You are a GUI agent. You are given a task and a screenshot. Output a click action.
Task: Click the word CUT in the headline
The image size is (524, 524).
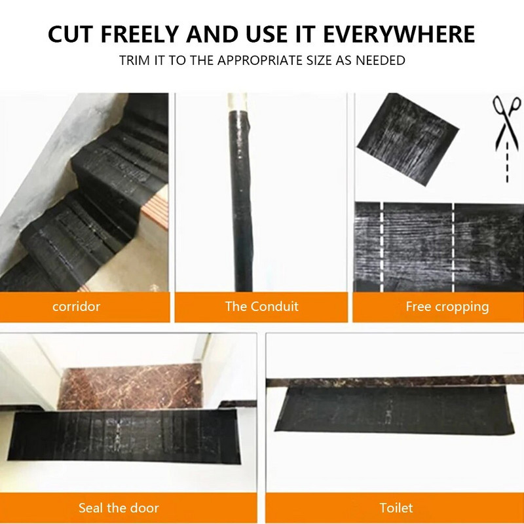click(71, 34)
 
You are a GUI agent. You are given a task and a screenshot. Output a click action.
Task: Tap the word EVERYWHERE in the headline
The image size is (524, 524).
click(399, 34)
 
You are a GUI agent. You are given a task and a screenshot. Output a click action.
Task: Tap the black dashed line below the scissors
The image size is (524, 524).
click(507, 162)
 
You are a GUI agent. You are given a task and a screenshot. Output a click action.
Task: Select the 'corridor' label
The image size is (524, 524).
click(76, 307)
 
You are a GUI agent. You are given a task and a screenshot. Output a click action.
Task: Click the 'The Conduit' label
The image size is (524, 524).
click(261, 307)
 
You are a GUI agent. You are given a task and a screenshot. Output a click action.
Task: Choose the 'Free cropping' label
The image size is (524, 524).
click(447, 307)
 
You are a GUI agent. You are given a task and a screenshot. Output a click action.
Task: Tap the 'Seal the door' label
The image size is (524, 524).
click(119, 508)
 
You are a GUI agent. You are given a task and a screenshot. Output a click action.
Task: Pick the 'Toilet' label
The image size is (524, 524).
click(396, 508)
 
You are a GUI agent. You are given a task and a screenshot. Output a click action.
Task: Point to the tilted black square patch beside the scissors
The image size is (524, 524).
click(408, 139)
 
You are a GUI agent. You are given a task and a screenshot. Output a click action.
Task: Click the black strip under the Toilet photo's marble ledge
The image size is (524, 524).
click(394, 411)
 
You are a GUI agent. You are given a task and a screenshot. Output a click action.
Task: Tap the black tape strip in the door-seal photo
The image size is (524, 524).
click(124, 436)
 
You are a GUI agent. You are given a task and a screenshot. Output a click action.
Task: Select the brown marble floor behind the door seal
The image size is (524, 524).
click(131, 387)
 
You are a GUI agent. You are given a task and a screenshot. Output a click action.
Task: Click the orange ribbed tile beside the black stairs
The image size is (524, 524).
click(157, 206)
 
